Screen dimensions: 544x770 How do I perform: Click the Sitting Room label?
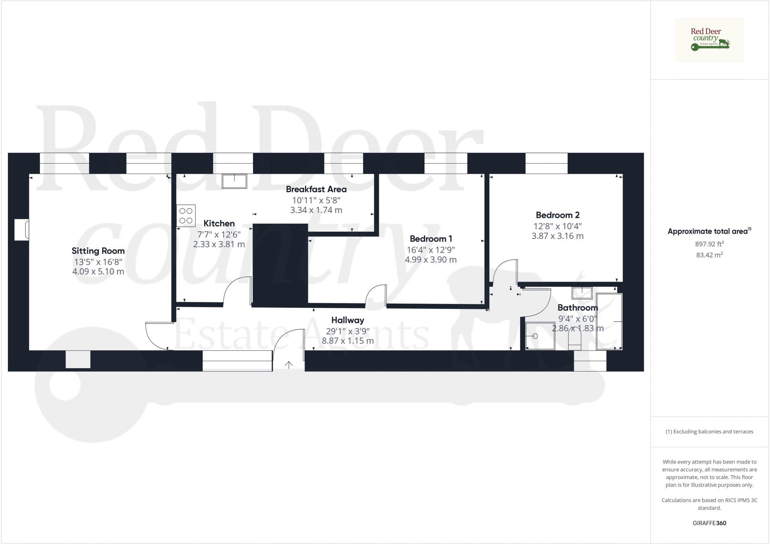98,251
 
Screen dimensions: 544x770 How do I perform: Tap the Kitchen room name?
219,223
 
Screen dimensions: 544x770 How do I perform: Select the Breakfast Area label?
316,189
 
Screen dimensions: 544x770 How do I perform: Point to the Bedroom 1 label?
431,239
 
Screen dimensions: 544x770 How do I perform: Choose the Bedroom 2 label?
558,215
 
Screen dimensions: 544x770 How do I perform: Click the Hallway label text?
347,321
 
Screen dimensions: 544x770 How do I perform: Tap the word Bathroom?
577,308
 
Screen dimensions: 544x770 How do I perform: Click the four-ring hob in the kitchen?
186,216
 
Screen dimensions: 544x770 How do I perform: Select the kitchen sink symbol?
234,181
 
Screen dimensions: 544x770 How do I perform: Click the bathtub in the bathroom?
609,322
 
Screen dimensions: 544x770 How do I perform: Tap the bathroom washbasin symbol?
582,293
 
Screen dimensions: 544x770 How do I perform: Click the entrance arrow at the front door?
289,365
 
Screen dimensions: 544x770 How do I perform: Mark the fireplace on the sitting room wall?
22,229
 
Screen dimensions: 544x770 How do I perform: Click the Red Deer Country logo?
709,40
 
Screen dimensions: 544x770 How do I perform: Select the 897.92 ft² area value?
709,244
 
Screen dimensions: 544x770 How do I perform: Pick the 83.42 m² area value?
709,255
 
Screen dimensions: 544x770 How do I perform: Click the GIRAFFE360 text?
709,523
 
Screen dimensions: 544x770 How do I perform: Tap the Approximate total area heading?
709,231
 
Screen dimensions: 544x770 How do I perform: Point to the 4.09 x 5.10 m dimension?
98,272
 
